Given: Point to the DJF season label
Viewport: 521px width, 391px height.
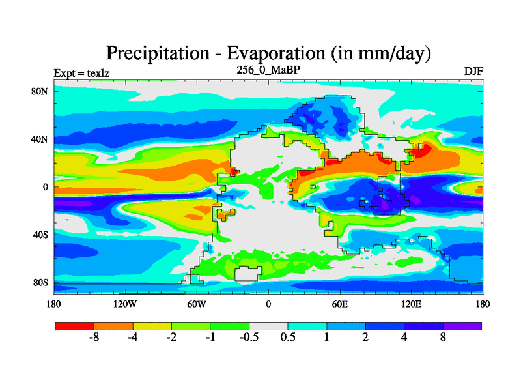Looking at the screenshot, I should (x=473, y=71).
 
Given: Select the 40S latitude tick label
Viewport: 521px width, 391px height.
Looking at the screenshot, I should (x=40, y=235).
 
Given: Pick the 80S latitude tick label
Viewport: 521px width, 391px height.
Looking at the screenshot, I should (x=40, y=282).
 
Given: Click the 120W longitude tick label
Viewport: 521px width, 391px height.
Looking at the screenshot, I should (x=125, y=304).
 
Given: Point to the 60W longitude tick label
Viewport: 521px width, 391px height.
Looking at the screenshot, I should (x=197, y=304).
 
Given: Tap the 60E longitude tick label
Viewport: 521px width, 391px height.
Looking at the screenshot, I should (x=340, y=304).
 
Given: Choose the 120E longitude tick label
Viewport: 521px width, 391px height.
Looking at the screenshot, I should (x=412, y=304).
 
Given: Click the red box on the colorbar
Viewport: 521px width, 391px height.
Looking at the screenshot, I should (x=75, y=325).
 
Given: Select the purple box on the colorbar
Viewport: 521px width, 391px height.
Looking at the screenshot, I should (x=462, y=325).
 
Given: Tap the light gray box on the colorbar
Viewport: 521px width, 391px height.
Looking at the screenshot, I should (x=269, y=325).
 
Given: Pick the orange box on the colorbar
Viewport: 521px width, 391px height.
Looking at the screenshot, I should (x=113, y=325).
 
